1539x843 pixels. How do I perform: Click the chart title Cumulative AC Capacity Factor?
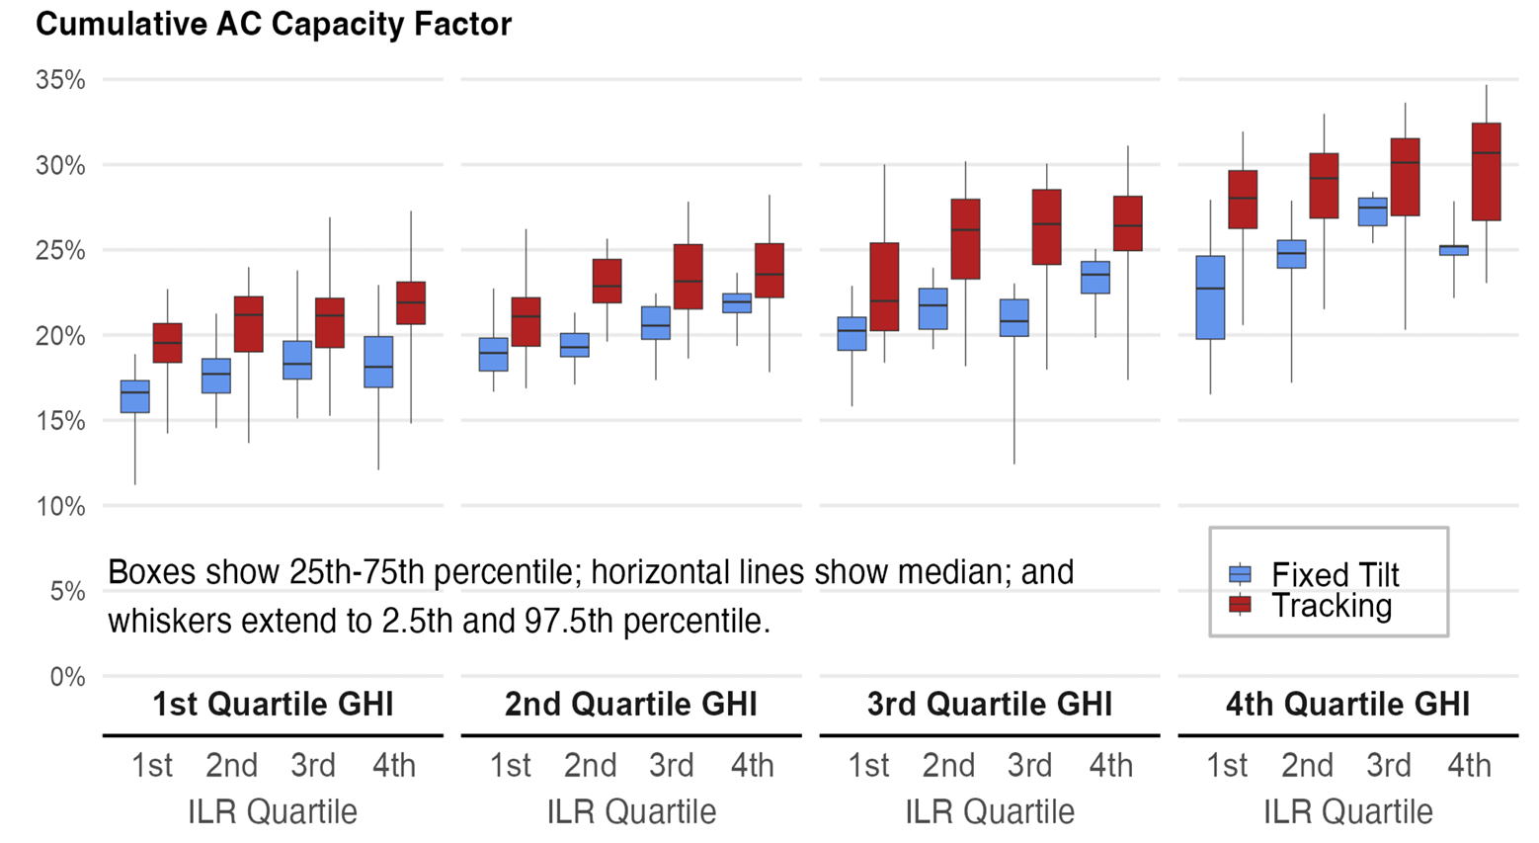(x=274, y=25)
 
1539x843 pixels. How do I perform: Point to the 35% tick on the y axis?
(x=60, y=80)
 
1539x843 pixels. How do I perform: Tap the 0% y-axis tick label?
(x=67, y=677)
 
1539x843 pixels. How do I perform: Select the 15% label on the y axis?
(x=60, y=421)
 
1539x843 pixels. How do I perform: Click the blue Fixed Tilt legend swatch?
(x=1240, y=574)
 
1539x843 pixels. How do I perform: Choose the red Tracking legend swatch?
(x=1240, y=605)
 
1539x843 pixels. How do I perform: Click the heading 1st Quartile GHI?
(x=273, y=704)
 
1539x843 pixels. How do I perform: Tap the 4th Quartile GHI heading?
(x=1348, y=704)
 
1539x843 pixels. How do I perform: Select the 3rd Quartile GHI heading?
(x=990, y=704)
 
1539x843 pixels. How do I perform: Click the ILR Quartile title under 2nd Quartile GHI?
(x=631, y=811)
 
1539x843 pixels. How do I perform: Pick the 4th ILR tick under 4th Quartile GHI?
(x=1470, y=765)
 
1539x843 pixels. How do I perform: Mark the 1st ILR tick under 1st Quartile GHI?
(x=152, y=765)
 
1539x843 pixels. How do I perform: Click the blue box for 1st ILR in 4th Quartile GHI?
(x=1211, y=297)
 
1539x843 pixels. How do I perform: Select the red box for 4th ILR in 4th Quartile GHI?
(x=1486, y=172)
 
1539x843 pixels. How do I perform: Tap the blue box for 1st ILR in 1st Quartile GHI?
(x=134, y=396)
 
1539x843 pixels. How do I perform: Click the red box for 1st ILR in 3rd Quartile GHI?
(x=884, y=287)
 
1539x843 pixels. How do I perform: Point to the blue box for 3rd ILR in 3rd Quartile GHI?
(x=1014, y=317)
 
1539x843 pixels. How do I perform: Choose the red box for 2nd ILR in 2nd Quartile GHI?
(x=607, y=282)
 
